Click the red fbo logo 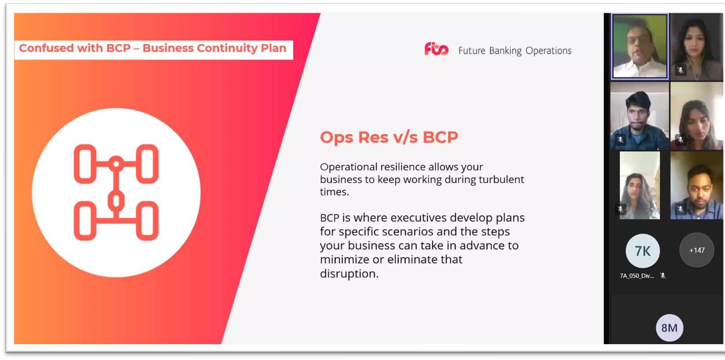436,49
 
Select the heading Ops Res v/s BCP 389,137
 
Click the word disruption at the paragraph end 349,273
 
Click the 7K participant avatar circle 642,251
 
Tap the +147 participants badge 696,250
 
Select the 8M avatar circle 669,327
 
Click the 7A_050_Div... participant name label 637,276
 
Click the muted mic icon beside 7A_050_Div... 663,276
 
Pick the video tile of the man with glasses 640,46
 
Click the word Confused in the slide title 46,48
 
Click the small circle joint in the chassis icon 116,164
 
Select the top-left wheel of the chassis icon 85,164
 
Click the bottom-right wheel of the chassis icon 147,221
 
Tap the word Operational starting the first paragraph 348,167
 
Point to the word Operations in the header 548,51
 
